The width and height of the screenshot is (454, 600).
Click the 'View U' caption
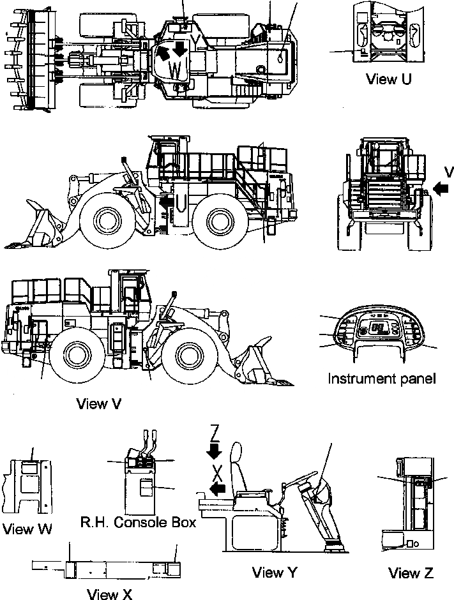[x=388, y=79]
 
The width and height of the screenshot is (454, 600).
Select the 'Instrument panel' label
[x=382, y=378]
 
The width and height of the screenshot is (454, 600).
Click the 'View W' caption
[x=27, y=529]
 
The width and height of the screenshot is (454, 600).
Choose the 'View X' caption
[x=109, y=594]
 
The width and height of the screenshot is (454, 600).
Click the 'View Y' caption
[x=276, y=572]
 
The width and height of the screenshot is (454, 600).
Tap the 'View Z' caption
[x=411, y=572]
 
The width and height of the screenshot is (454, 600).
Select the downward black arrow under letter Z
[x=215, y=451]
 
